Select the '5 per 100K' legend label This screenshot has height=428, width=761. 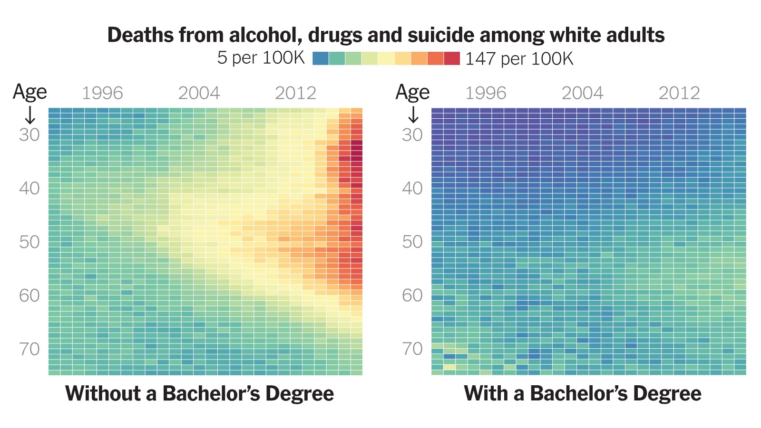coord(261,58)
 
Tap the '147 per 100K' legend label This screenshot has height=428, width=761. coord(519,59)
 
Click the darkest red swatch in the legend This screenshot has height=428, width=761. coord(452,58)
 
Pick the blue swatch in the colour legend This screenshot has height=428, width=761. coord(321,58)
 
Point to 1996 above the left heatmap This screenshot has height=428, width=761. coord(102,93)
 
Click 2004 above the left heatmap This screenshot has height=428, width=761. coord(199,93)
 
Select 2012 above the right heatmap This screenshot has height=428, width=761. coord(679,93)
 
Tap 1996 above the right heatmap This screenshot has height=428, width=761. coord(486,93)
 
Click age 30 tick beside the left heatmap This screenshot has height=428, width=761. coord(29,135)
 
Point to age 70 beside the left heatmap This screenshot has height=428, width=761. coord(29,349)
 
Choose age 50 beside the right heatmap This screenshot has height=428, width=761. coord(412,242)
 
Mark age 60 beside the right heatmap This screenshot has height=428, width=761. coord(412,295)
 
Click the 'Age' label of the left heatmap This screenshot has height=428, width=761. coord(29,92)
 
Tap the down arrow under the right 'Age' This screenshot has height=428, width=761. coord(413,114)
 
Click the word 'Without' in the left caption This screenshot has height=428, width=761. coord(103,394)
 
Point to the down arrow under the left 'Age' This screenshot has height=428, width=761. coord(30,114)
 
